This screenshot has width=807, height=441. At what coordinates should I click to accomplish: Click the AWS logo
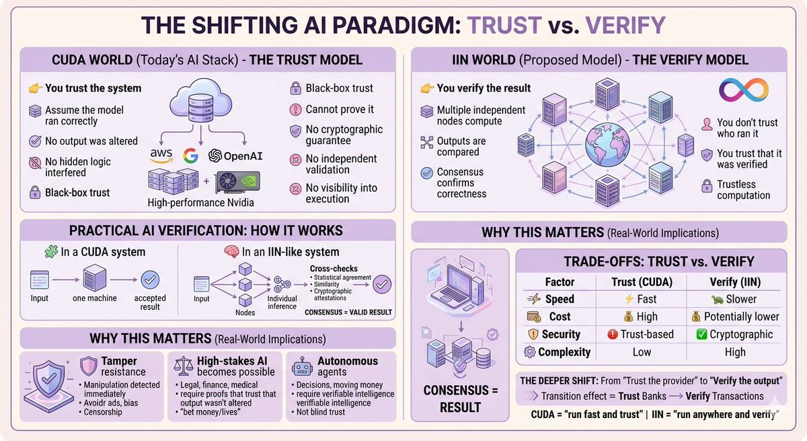click(162, 156)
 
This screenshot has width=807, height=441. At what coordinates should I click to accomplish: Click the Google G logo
click(191, 156)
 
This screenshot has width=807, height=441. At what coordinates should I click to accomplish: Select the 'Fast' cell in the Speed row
click(641, 299)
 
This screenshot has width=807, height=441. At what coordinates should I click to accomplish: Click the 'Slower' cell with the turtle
click(734, 299)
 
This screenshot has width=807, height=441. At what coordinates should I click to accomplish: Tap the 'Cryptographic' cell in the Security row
click(734, 334)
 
